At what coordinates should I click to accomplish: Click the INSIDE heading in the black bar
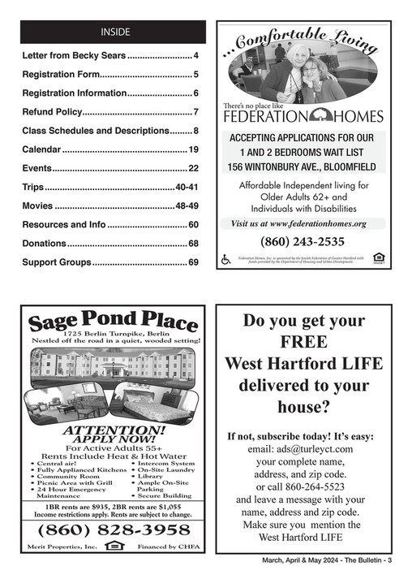point(114,32)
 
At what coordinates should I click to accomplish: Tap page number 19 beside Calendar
point(194,149)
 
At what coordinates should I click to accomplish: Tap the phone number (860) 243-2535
point(302,241)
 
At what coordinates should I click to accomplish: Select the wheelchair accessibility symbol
point(226,259)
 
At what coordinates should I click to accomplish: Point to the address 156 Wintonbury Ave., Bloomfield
point(302,167)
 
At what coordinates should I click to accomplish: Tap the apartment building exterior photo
point(114,363)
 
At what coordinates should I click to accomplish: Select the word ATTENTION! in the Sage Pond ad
point(114,429)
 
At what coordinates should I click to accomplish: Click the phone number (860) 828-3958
point(114,529)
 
